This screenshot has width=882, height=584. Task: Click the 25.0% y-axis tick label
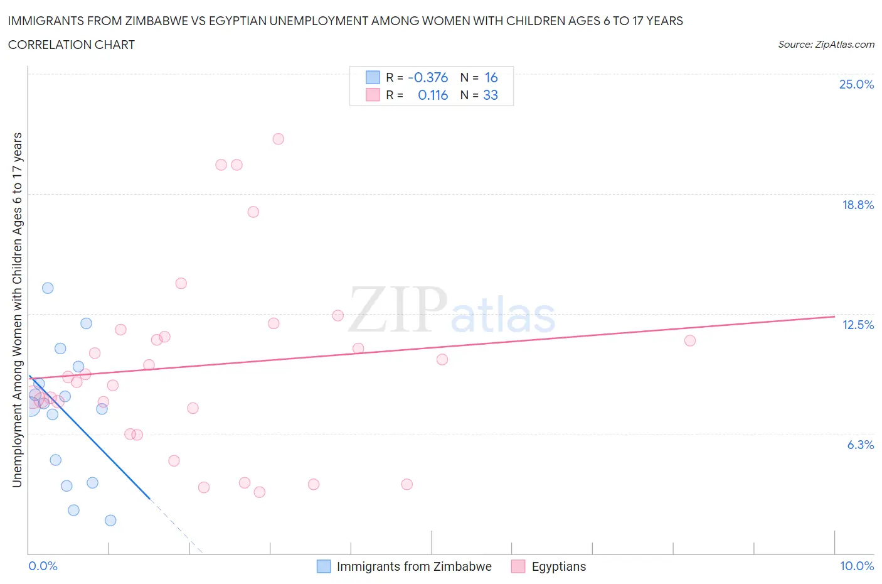856,84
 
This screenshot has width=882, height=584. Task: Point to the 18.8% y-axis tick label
858,205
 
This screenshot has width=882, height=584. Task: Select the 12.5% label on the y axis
858,325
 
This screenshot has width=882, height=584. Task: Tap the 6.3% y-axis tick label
860,445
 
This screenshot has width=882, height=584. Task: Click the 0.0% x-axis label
43,566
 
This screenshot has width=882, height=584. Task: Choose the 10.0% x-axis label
856,566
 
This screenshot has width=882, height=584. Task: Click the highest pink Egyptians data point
278,139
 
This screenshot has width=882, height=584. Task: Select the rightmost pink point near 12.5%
689,340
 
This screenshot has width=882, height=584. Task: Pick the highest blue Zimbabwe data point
48,288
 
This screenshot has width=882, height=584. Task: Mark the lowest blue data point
110,520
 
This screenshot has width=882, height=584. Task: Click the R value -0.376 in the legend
428,77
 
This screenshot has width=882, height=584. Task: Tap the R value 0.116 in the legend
433,95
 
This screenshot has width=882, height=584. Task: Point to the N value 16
491,77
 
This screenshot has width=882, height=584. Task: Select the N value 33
490,95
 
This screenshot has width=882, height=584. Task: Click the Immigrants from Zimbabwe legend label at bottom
413,566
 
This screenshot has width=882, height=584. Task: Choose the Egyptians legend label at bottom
558,566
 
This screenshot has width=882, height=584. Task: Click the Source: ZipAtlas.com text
826,44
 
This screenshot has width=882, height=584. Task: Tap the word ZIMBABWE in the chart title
164,21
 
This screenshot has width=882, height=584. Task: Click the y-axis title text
17,310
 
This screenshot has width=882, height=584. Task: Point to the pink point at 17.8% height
253,212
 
